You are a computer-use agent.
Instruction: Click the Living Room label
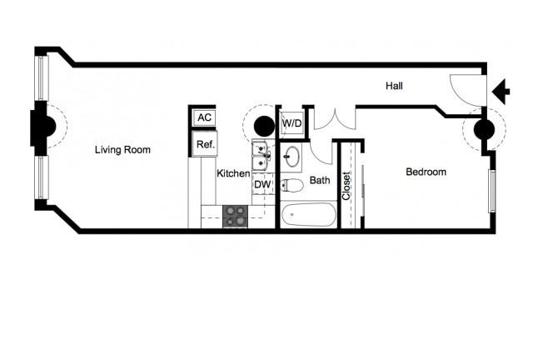(122, 150)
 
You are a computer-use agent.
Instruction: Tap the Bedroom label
(426, 172)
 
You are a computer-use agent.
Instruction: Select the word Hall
(394, 86)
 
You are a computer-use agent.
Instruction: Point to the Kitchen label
(233, 173)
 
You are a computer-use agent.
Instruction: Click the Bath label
(320, 180)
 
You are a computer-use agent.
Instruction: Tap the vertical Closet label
(346, 186)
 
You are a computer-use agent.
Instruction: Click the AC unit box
(204, 117)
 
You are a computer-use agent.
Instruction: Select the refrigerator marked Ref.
(205, 144)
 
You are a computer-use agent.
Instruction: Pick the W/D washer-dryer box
(291, 123)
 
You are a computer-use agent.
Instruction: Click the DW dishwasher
(263, 185)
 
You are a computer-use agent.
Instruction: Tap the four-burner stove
(235, 217)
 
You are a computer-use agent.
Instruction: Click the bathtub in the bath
(309, 215)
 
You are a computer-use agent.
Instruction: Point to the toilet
(291, 186)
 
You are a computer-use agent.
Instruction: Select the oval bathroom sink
(291, 157)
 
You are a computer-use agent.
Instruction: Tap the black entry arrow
(501, 91)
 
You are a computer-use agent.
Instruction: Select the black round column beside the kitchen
(264, 126)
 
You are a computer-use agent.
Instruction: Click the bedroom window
(492, 191)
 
